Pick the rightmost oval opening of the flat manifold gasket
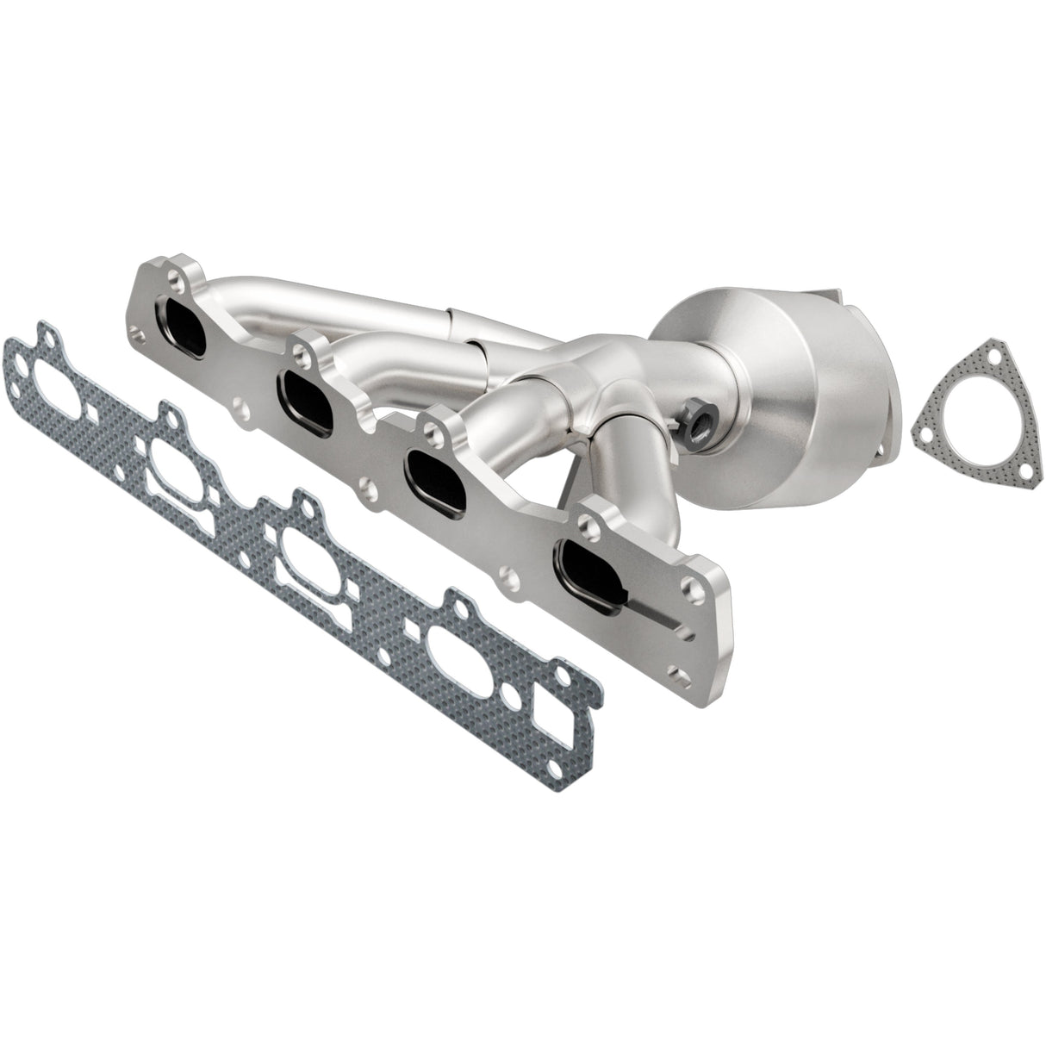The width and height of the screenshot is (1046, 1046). tap(459, 651)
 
